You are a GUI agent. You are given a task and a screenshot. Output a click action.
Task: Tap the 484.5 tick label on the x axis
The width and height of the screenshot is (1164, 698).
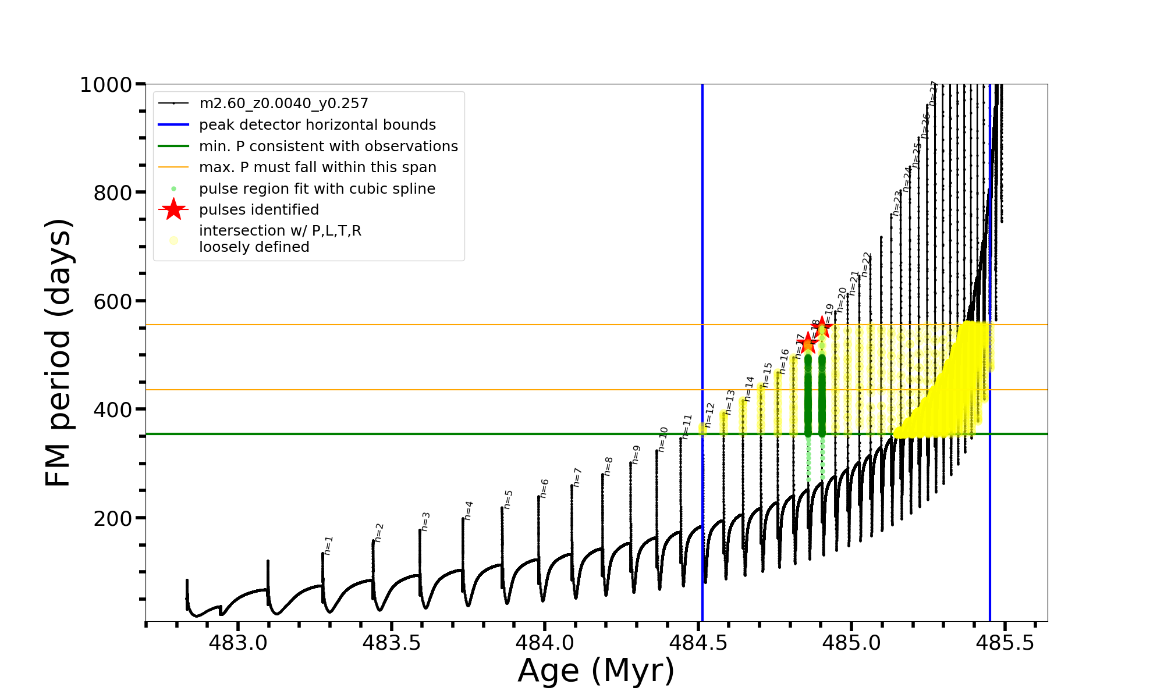click(698, 643)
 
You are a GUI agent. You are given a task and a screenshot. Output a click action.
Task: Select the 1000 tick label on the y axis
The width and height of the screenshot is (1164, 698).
click(106, 85)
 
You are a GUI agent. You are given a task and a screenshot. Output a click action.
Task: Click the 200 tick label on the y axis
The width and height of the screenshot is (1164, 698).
click(113, 518)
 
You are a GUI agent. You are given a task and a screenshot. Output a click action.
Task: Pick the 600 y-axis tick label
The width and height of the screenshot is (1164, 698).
click(113, 301)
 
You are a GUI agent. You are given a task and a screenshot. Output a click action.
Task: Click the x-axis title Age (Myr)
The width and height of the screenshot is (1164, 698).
click(596, 671)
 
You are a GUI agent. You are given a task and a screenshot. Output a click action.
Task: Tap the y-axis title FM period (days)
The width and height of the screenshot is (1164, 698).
click(59, 352)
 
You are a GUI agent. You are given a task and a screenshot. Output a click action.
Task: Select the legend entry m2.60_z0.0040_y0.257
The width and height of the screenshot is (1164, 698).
click(283, 104)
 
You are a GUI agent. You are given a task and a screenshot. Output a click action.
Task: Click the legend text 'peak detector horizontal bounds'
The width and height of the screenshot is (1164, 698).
click(317, 125)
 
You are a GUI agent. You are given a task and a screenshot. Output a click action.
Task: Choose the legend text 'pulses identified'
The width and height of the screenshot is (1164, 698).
click(259, 210)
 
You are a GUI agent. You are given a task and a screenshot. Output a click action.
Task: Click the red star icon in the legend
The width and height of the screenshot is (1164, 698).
click(173, 209)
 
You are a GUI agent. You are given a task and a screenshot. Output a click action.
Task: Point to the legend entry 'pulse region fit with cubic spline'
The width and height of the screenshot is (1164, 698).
click(317, 189)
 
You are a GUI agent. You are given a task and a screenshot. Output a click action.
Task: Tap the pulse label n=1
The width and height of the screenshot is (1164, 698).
click(329, 546)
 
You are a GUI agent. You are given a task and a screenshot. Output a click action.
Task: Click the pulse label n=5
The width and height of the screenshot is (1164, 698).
click(508, 499)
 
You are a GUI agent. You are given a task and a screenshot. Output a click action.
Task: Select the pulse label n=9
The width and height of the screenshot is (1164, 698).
click(636, 454)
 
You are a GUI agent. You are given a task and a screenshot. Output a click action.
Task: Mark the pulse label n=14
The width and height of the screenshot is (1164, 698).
click(749, 389)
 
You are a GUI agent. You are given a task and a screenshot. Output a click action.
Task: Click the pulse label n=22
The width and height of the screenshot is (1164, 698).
click(866, 264)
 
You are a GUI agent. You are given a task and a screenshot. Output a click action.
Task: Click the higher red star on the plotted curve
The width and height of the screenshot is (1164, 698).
click(822, 327)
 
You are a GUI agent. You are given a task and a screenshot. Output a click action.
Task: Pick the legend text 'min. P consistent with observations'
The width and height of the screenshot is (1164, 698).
click(328, 147)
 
